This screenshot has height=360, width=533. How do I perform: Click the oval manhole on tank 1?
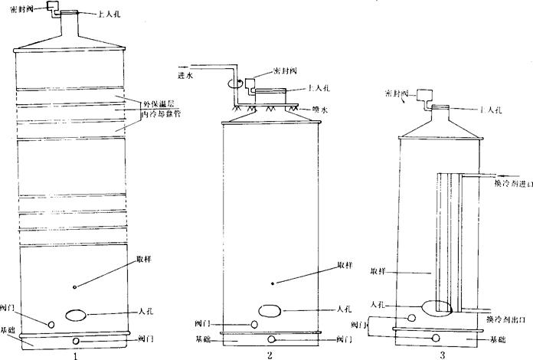(x=75, y=314)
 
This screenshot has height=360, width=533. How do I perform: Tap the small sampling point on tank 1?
(x=74, y=287)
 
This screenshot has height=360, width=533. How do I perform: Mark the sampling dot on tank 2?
(x=273, y=283)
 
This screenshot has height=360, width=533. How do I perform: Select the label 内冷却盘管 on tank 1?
(x=162, y=113)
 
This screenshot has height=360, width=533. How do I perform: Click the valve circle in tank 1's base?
(x=75, y=341)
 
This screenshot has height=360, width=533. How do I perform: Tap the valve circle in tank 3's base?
(x=436, y=338)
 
